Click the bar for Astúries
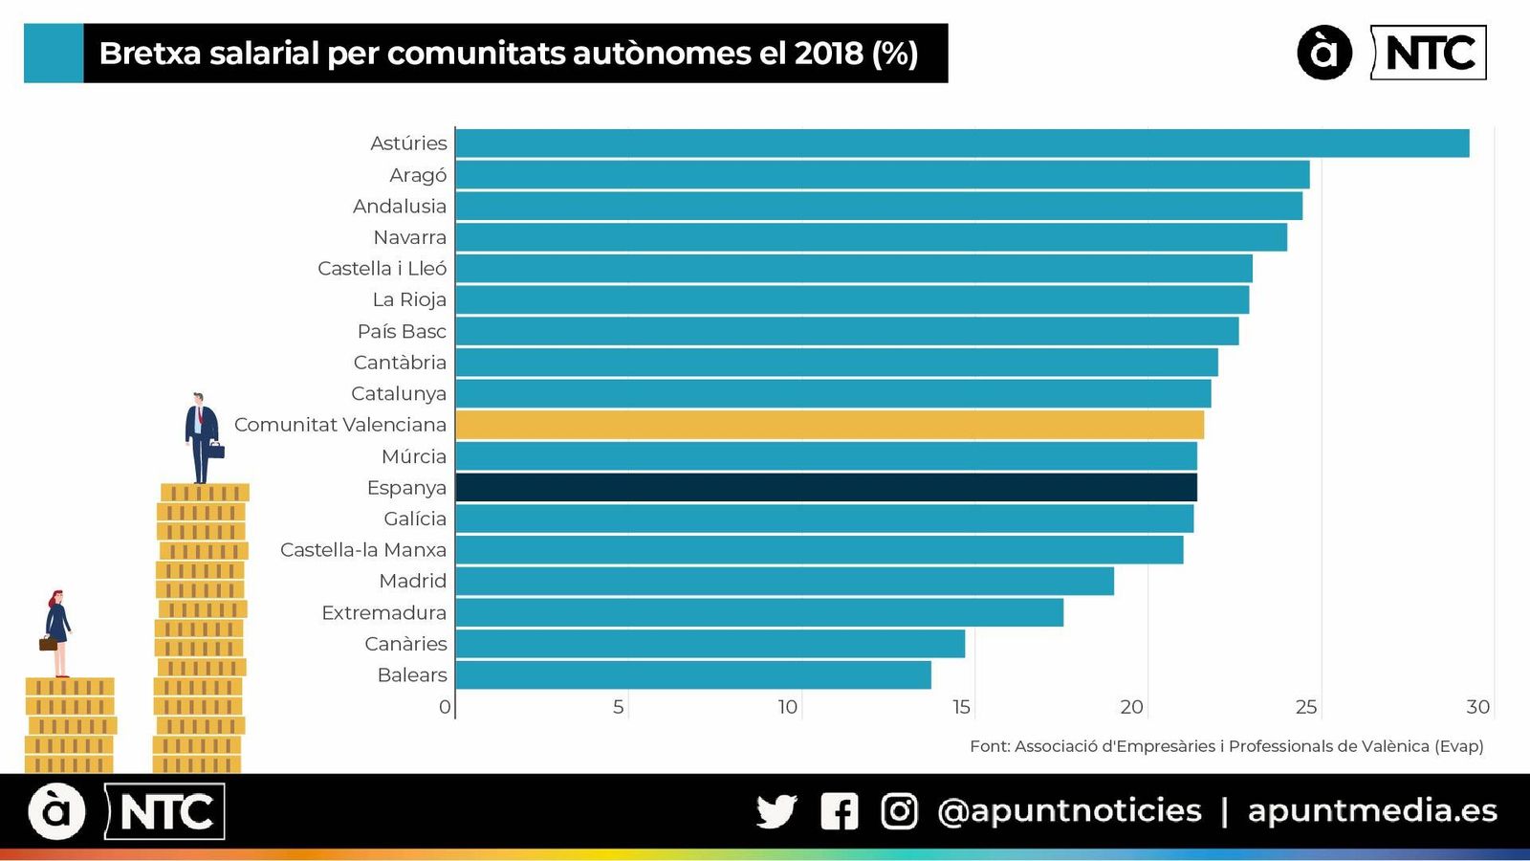coord(961,143)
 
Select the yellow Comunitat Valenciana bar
coord(829,425)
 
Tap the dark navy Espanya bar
coord(825,487)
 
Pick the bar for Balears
coord(693,674)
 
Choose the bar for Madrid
coord(784,581)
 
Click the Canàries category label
coord(405,644)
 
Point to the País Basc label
coord(402,331)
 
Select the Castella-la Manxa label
coord(363,550)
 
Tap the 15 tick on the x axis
coord(961,707)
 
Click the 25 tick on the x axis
coord(1306,707)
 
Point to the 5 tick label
coord(619,707)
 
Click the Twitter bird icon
coord(776,811)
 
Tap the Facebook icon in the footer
coord(839,811)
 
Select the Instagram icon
coord(899,811)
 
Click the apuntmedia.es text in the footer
coord(1372,810)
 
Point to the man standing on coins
coord(201,437)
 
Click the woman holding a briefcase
coord(57,632)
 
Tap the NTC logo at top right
coord(1429,53)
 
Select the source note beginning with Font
coord(1226,746)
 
